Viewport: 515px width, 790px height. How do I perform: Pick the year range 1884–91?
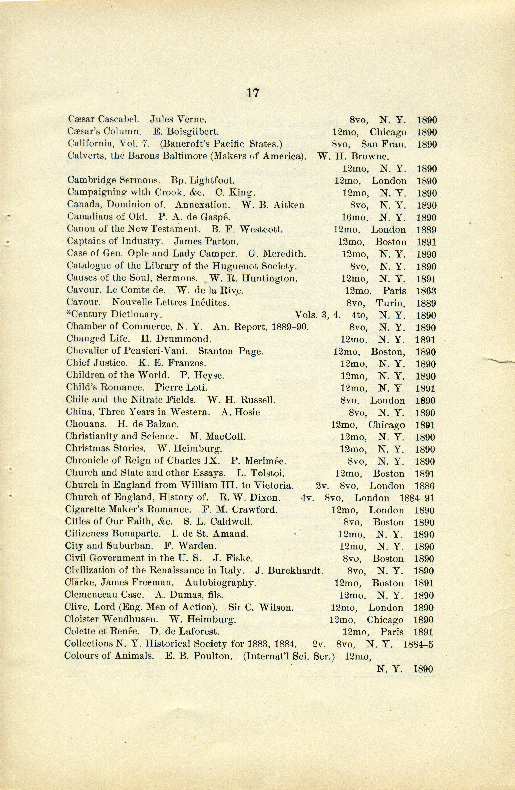point(417,498)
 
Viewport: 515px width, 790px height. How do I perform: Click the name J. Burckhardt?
point(289,571)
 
